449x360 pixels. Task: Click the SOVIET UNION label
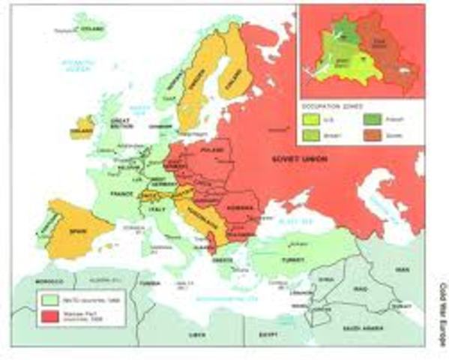[x=289, y=159]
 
